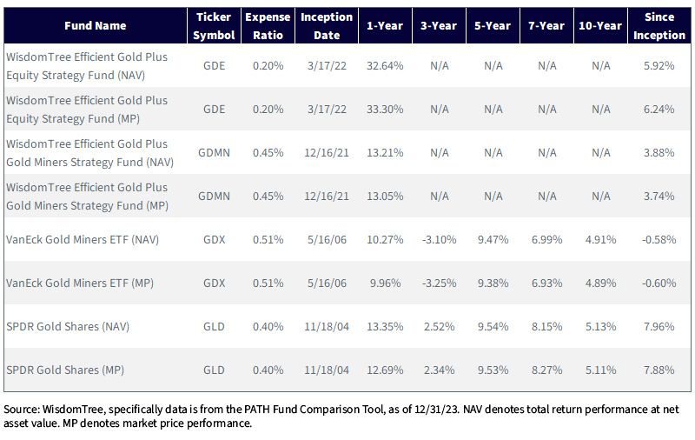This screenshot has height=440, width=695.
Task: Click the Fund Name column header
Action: [96, 26]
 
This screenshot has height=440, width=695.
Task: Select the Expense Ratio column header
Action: [268, 26]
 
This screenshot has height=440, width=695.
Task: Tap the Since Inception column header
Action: [659, 26]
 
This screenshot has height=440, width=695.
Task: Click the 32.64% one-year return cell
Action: [385, 65]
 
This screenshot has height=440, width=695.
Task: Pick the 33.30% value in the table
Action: [385, 109]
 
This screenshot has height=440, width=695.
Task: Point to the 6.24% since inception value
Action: [659, 109]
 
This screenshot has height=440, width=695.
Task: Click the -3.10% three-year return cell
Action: [439, 239]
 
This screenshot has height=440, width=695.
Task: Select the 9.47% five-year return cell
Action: [493, 239]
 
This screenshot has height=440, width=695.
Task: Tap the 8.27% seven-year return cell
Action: [547, 370]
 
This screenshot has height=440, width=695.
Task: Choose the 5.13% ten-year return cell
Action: [600, 326]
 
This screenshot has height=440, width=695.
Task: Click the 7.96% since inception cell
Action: [659, 326]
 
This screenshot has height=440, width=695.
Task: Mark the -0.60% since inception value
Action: [659, 283]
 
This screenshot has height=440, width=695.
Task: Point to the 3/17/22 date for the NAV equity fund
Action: [327, 65]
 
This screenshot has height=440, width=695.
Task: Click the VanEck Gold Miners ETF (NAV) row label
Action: [83, 239]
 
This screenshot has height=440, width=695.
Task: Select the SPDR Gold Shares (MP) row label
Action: [65, 370]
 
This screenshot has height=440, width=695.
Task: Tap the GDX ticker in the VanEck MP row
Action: [214, 283]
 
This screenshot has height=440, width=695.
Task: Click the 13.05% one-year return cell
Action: [385, 196]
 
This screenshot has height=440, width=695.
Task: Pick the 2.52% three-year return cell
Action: [439, 326]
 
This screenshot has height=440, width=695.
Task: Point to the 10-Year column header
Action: [600, 26]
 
